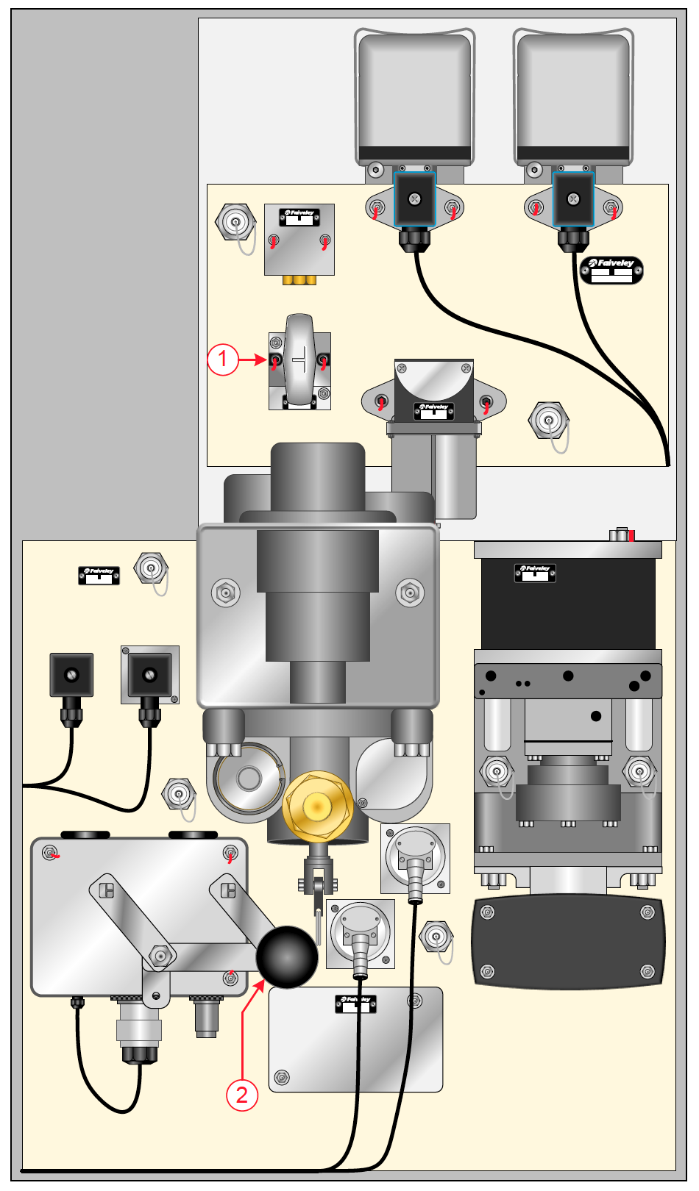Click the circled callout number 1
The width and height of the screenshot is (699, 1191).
pyautogui.click(x=223, y=360)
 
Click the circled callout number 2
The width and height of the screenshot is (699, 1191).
pyautogui.click(x=242, y=1095)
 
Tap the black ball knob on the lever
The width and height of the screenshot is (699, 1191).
pyautogui.click(x=286, y=956)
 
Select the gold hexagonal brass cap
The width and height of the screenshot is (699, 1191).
pyautogui.click(x=318, y=806)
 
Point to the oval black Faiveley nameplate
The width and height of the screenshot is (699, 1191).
pyautogui.click(x=611, y=270)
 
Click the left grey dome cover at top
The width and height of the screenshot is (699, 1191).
pyautogui.click(x=414, y=96)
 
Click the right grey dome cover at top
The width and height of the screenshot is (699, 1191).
pyautogui.click(x=573, y=96)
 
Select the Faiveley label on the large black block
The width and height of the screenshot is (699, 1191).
pyautogui.click(x=535, y=572)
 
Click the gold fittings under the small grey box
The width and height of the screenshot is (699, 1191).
pyautogui.click(x=299, y=280)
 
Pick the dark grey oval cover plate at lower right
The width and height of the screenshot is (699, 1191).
pyautogui.click(x=568, y=942)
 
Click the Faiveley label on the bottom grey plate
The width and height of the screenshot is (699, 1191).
pyautogui.click(x=356, y=1004)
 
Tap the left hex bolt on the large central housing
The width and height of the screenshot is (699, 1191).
pyautogui.click(x=226, y=592)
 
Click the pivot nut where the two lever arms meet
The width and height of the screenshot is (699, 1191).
pyautogui.click(x=161, y=956)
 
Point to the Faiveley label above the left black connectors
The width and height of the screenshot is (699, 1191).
pyautogui.click(x=99, y=574)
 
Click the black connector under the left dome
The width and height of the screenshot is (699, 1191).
pyautogui.click(x=415, y=200)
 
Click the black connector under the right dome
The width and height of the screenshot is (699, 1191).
pyautogui.click(x=573, y=200)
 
